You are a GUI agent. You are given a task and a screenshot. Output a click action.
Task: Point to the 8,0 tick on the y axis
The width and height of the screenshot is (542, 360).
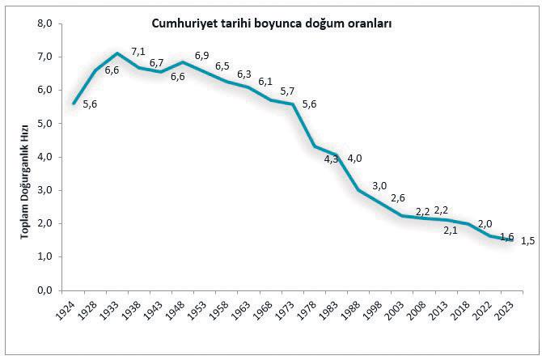pyautogui.click(x=44, y=24)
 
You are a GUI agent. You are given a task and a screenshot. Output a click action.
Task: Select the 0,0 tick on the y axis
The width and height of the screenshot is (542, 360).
pyautogui.click(x=44, y=290)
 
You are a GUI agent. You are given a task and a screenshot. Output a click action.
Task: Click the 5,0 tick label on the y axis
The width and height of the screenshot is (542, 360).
pyautogui.click(x=44, y=124)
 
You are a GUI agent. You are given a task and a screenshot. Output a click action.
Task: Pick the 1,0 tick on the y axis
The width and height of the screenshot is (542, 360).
pyautogui.click(x=44, y=256)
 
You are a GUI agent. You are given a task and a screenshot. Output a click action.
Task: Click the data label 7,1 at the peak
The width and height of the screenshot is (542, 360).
pyautogui.click(x=138, y=53)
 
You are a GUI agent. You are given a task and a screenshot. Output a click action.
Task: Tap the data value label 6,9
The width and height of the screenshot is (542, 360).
pyautogui.click(x=201, y=55)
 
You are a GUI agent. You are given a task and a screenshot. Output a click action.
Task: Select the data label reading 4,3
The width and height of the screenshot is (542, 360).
pyautogui.click(x=331, y=159)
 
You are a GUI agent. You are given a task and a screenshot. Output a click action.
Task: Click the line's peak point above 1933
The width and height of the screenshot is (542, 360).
pyautogui.click(x=118, y=53)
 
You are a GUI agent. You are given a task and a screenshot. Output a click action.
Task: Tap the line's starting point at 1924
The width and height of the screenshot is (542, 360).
pyautogui.click(x=74, y=103)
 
